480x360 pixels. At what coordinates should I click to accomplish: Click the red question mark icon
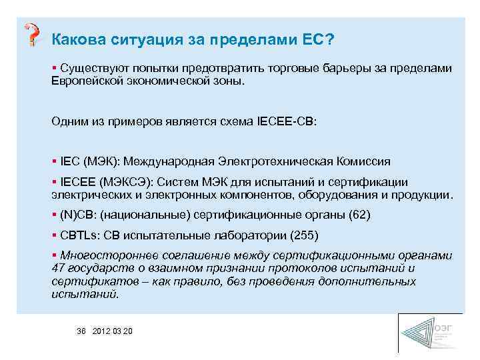click(31, 34)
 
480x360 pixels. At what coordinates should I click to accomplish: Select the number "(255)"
click(304, 235)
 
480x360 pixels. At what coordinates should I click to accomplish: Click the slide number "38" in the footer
click(82, 331)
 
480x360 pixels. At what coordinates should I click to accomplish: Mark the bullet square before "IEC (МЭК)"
click(53, 161)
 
